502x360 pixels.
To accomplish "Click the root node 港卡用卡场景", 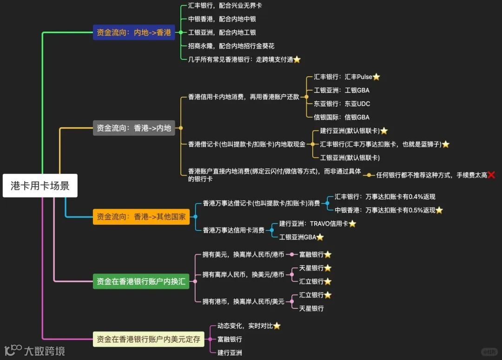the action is pos(40,186).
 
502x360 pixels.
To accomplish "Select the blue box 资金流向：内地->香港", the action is pos(134,33).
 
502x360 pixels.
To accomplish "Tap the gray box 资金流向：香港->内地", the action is pos(134,128).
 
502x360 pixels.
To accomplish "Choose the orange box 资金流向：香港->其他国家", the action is pos(141,216).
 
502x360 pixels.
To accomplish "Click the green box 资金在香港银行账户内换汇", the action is pos(141,281).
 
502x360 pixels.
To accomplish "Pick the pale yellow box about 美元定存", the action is pos(148,340).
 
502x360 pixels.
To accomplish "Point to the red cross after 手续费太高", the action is pos(491,175).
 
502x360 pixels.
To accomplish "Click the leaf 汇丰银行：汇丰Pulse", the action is pos(343,77).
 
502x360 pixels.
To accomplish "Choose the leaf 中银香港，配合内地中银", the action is pos(222,19).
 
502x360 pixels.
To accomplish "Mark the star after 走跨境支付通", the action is pos(297,59).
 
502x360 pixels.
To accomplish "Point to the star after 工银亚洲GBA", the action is pos(320,237).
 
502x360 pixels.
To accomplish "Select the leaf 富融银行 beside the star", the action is pos(311,255).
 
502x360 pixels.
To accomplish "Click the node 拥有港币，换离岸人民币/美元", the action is pos(243,301).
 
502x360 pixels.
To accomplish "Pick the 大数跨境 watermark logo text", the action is pos(44,351).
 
